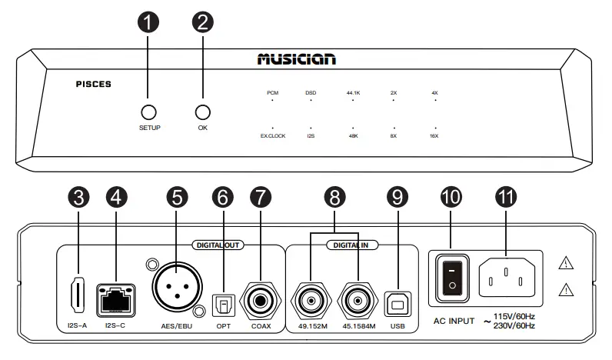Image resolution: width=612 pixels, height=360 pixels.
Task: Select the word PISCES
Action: click(x=94, y=85)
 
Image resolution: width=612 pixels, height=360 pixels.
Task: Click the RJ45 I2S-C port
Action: click(x=114, y=297)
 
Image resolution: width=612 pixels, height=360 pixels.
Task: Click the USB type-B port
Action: click(x=397, y=304)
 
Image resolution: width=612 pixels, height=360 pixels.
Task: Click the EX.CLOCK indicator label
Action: click(x=272, y=136)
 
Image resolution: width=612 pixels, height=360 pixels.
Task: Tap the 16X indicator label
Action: click(x=434, y=136)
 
